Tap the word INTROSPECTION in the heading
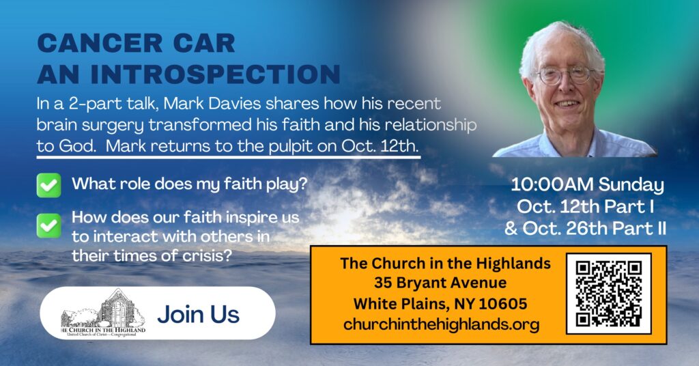click(x=215, y=74)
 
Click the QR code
click(x=608, y=294)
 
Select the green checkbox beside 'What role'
click(x=49, y=185)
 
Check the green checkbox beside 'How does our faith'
click(x=49, y=225)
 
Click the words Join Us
click(x=199, y=314)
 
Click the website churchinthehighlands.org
click(x=442, y=324)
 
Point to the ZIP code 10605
click(x=503, y=304)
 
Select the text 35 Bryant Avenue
click(x=440, y=283)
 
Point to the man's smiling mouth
click(x=567, y=103)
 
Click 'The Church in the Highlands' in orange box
click(x=445, y=263)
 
